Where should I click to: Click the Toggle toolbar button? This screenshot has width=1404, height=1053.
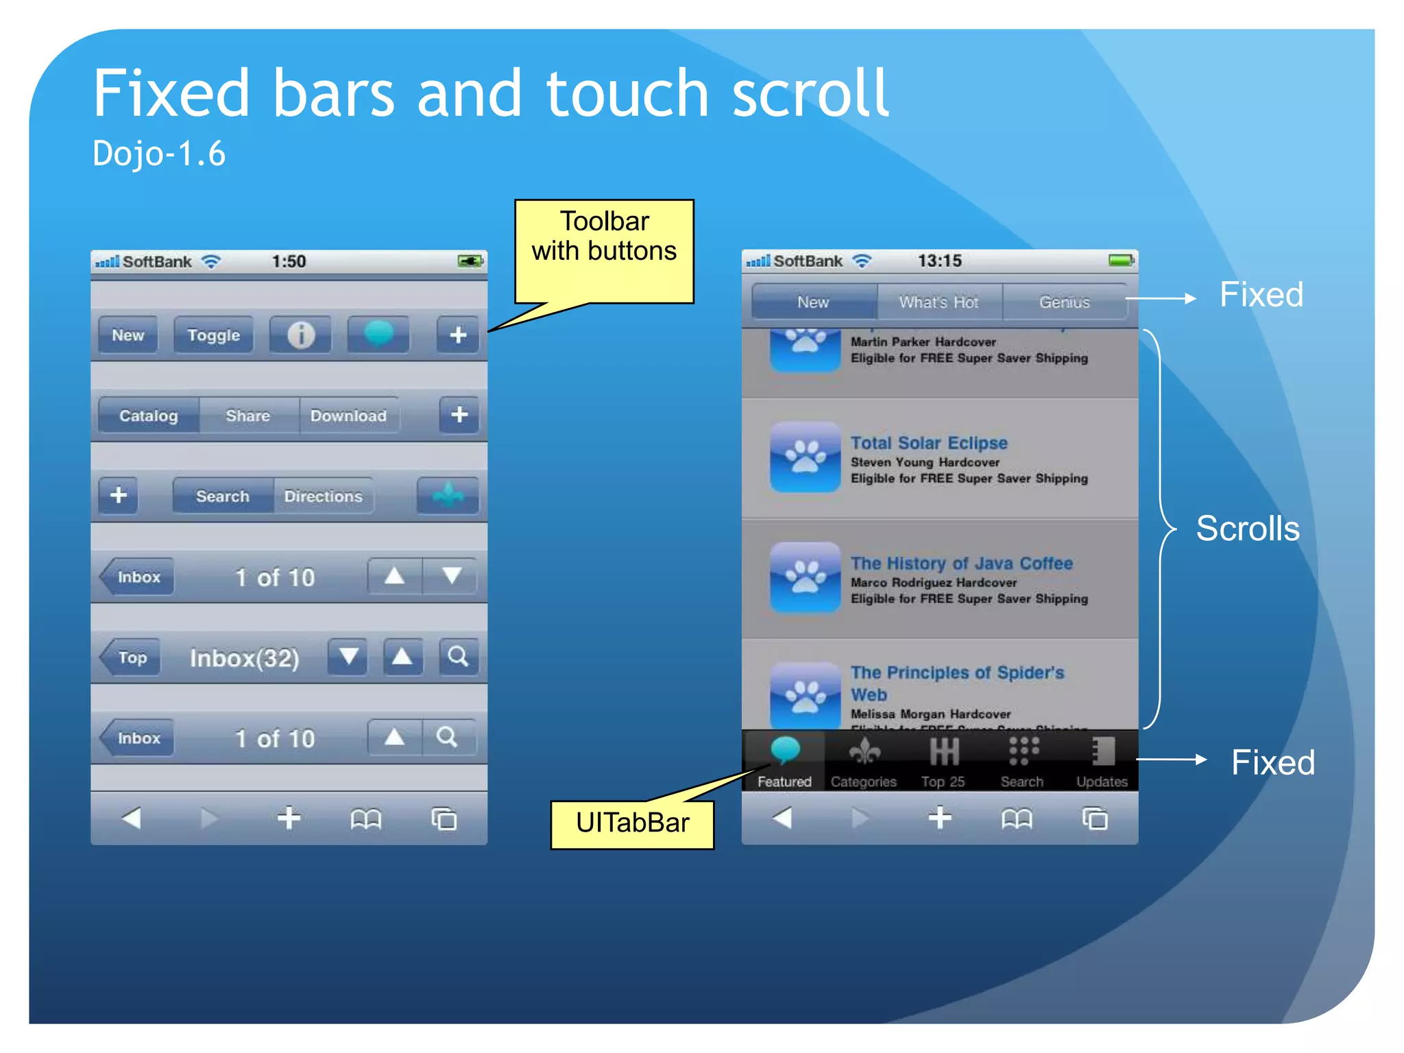click(x=213, y=335)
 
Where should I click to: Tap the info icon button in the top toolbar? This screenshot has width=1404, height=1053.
click(x=300, y=335)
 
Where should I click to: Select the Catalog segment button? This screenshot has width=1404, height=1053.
click(x=149, y=415)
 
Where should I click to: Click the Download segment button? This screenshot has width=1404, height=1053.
click(x=348, y=415)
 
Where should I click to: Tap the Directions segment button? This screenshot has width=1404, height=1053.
click(x=323, y=496)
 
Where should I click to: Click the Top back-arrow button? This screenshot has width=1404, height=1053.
click(x=131, y=657)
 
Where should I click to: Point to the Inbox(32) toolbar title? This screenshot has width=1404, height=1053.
click(x=244, y=658)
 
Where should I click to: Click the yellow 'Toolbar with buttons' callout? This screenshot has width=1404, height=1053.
click(x=604, y=237)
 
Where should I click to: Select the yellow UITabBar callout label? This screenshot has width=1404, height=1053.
click(x=632, y=823)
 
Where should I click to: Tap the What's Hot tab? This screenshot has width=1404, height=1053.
click(x=939, y=302)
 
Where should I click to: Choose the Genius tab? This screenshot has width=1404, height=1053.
click(x=1064, y=302)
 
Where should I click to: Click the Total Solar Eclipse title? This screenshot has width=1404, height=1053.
click(x=929, y=443)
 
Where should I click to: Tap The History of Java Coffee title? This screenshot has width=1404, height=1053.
click(x=961, y=564)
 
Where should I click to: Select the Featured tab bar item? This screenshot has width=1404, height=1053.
click(x=784, y=762)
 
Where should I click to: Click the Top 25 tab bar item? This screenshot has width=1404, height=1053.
click(x=943, y=762)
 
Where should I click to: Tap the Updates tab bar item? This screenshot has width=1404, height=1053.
click(x=1102, y=762)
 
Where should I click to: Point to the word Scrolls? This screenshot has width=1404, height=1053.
click(x=1247, y=529)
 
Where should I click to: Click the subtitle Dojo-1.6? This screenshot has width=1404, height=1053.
click(x=159, y=154)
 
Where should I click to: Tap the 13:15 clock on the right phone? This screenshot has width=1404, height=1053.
click(x=939, y=261)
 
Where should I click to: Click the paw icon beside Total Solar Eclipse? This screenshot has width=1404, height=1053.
click(x=805, y=457)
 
